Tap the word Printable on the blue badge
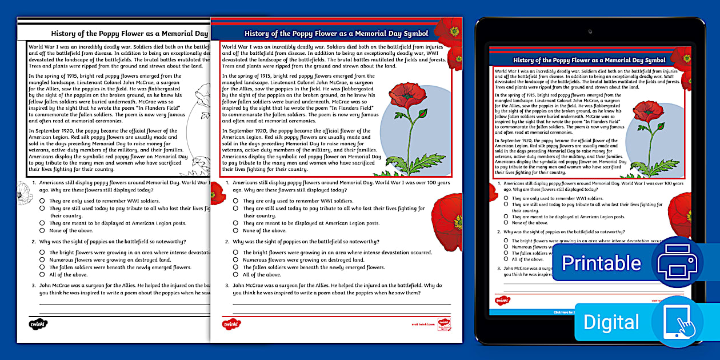(601, 263)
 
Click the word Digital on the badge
(611, 322)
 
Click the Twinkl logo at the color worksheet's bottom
(231, 324)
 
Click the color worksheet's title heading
(336, 34)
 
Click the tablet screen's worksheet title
(589, 60)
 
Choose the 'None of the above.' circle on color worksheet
(235, 230)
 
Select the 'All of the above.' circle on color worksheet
(235, 274)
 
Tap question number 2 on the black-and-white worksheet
(33, 242)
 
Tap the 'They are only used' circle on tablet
(506, 198)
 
